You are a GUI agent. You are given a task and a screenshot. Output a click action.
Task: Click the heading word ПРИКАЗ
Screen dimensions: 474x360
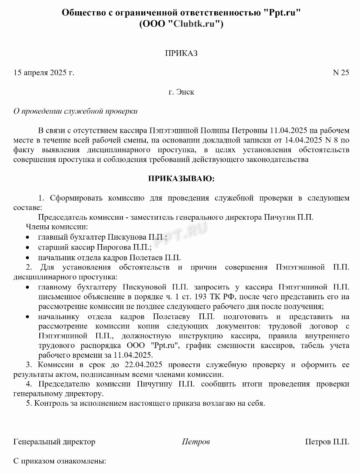[x=181, y=53]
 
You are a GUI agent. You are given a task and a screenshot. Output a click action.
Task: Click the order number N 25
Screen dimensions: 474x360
[x=341, y=73]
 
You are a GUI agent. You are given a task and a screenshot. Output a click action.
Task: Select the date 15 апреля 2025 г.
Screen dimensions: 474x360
[x=44, y=73]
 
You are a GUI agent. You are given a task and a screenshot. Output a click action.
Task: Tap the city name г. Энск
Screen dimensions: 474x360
[x=181, y=92]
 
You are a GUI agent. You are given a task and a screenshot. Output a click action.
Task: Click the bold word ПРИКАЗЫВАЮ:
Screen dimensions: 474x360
[x=181, y=179]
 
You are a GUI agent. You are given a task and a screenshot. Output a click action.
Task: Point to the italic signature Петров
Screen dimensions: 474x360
[x=196, y=442]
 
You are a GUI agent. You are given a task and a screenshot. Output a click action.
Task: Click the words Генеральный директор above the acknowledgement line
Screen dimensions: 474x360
[x=54, y=442]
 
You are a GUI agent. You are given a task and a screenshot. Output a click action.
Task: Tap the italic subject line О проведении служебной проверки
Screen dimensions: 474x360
[x=76, y=111]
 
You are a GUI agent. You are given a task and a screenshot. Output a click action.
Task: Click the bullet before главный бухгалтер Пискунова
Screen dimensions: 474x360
[x=27, y=238]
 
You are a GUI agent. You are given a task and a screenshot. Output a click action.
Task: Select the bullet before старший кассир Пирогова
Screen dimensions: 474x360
[x=27, y=248]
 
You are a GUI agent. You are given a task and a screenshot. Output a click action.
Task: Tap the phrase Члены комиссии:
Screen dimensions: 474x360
[x=57, y=227]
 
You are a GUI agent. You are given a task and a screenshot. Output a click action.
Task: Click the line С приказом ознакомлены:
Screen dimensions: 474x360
[x=60, y=461]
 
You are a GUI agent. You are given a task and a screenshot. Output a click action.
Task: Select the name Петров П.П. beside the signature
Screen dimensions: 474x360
[x=327, y=442]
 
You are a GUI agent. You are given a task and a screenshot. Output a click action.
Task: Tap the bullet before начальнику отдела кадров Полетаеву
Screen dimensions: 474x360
[x=27, y=317]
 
